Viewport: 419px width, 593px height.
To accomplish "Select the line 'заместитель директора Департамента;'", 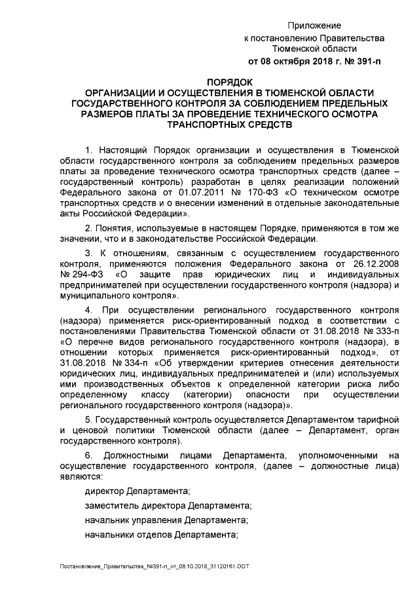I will click(168, 506).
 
